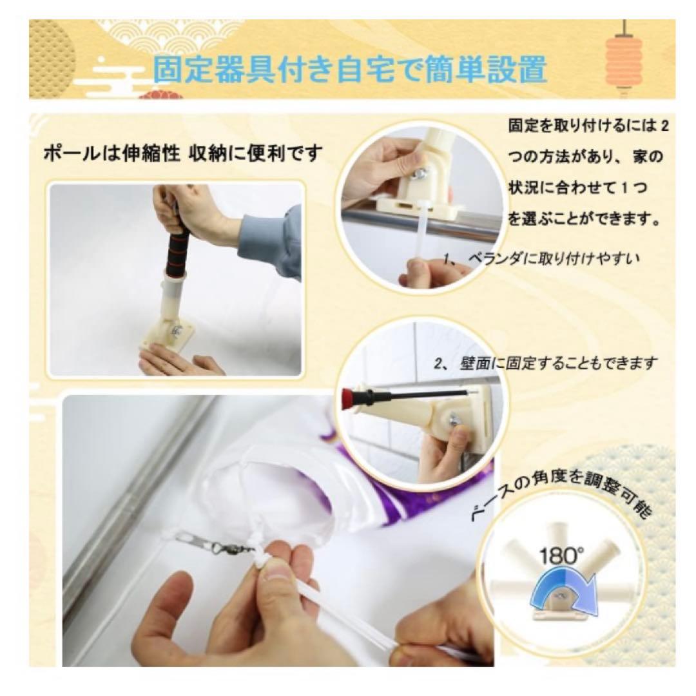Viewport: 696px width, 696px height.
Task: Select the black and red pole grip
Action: [x=178, y=246]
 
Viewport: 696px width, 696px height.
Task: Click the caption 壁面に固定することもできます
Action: [x=546, y=364]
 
